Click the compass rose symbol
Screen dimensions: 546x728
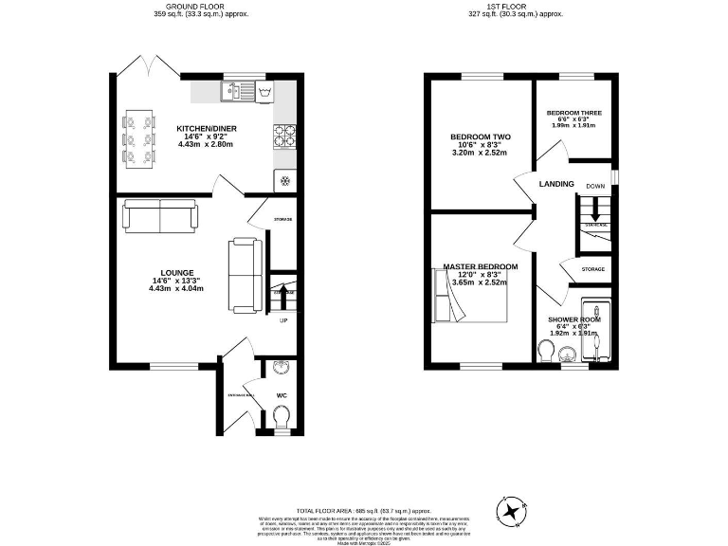tap(514, 512)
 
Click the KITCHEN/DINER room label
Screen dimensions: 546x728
tap(206, 128)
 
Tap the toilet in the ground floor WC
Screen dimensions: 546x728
tap(281, 415)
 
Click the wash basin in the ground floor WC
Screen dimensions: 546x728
tap(280, 371)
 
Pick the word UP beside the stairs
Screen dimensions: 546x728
tap(282, 320)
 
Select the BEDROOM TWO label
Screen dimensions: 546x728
tap(480, 136)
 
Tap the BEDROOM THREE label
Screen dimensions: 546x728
tap(573, 113)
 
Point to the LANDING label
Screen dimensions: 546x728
tap(556, 184)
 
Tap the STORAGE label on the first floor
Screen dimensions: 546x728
tap(593, 270)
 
